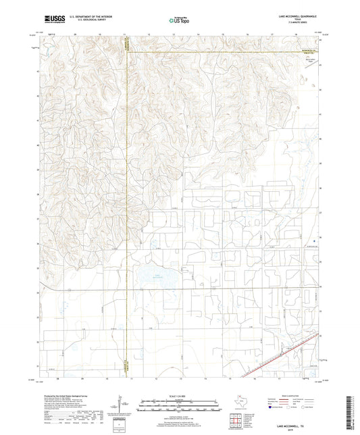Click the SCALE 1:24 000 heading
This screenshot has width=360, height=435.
(179, 395)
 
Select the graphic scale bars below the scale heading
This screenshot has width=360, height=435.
(179, 407)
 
